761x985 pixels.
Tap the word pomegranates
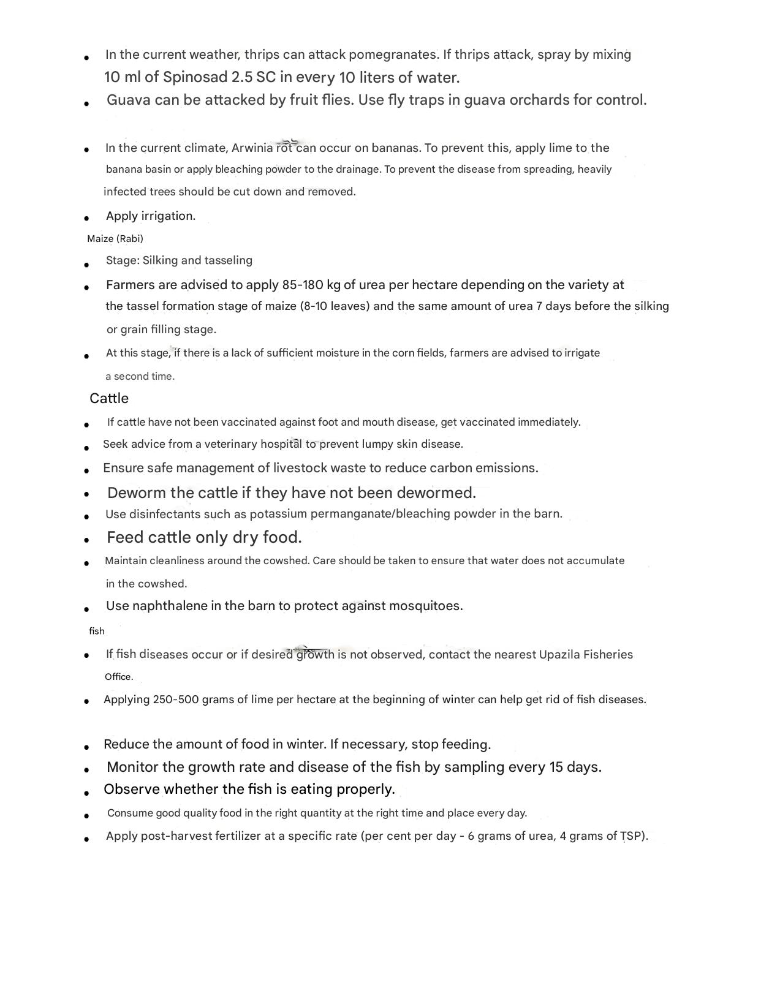point(392,55)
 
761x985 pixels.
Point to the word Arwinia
point(252,148)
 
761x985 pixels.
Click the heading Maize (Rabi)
point(115,239)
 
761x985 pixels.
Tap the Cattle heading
point(109,399)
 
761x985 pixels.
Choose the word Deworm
point(137,493)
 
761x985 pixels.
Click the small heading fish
point(97,631)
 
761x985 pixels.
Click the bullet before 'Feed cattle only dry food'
point(87,540)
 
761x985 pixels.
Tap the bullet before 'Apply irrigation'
point(87,218)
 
